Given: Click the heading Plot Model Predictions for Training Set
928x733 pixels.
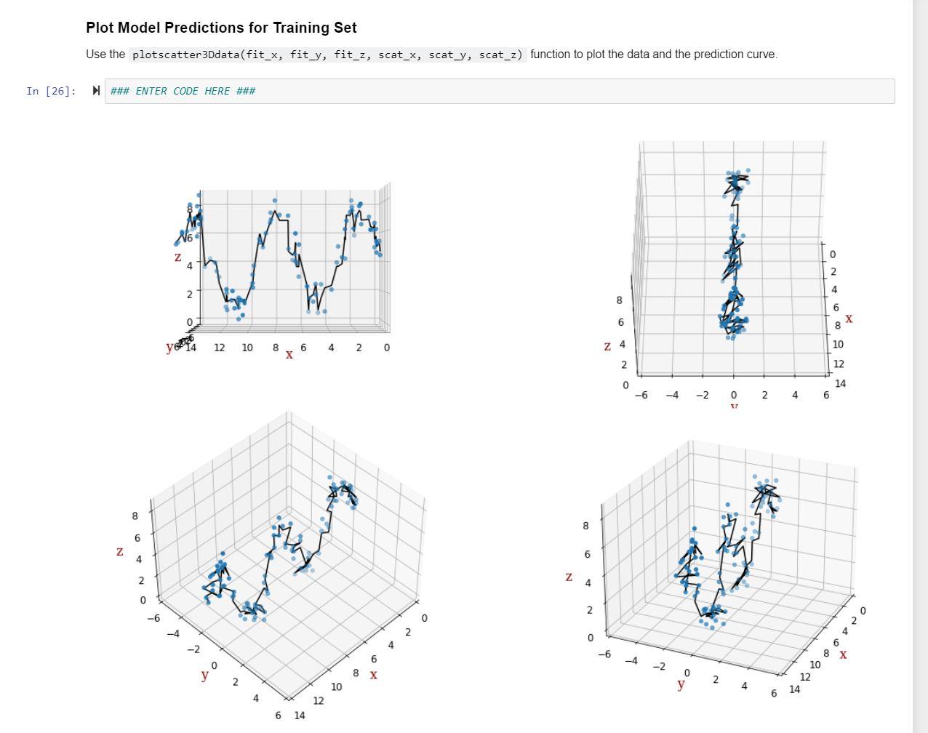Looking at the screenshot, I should pos(221,28).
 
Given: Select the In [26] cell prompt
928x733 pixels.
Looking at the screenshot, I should pos(51,91).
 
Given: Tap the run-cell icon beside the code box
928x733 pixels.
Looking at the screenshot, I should pos(96,91).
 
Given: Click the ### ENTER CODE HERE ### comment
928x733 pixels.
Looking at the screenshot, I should pos(183,91).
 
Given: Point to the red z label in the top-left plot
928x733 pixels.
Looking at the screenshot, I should pos(177,257).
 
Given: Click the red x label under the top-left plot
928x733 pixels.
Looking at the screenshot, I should pos(289,355).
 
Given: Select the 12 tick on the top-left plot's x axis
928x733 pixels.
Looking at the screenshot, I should pos(219,348).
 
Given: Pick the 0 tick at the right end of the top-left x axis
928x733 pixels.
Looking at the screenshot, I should pos(386,348).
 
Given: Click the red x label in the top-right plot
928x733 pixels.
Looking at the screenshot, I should pos(849,319).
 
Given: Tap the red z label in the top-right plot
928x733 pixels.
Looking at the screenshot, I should pos(607,346).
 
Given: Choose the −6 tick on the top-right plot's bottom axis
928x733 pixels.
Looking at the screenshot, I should pos(641,396).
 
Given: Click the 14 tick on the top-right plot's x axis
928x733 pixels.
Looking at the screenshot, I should pos(840,383).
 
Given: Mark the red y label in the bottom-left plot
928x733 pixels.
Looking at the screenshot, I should pos(204,675).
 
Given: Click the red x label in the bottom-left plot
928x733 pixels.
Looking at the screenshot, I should pos(373,675).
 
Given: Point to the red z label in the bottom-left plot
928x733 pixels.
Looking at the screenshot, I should pos(120,551).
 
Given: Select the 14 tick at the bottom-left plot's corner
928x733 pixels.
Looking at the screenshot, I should pos(300,716).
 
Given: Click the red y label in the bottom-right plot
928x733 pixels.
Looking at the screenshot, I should pos(681,684).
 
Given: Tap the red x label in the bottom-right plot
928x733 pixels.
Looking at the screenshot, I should pos(843,654).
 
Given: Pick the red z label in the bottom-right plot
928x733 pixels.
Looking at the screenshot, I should pos(569,577).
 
